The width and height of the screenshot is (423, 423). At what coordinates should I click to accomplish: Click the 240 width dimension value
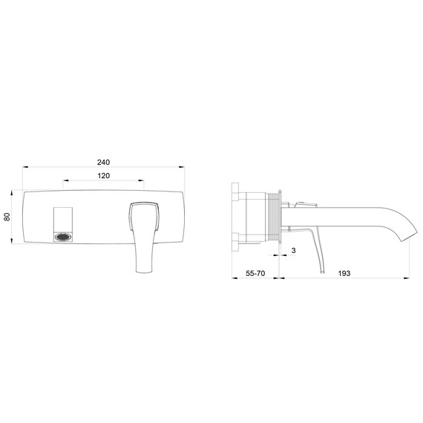[x=103, y=162]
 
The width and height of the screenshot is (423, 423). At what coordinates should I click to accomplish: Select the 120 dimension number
[x=103, y=176]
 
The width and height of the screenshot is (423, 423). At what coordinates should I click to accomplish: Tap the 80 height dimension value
[x=7, y=217]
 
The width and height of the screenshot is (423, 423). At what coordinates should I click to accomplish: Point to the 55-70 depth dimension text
[x=255, y=274]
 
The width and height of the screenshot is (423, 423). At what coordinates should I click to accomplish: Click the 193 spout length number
[x=343, y=274]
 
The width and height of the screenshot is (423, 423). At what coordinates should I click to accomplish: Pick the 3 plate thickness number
[x=295, y=252]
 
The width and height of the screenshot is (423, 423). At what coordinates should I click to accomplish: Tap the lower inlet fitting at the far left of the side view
[x=236, y=238]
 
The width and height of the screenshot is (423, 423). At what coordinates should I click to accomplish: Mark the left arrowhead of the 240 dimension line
[x=25, y=168]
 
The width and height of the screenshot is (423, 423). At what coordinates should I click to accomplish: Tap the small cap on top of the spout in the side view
[x=304, y=203]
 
